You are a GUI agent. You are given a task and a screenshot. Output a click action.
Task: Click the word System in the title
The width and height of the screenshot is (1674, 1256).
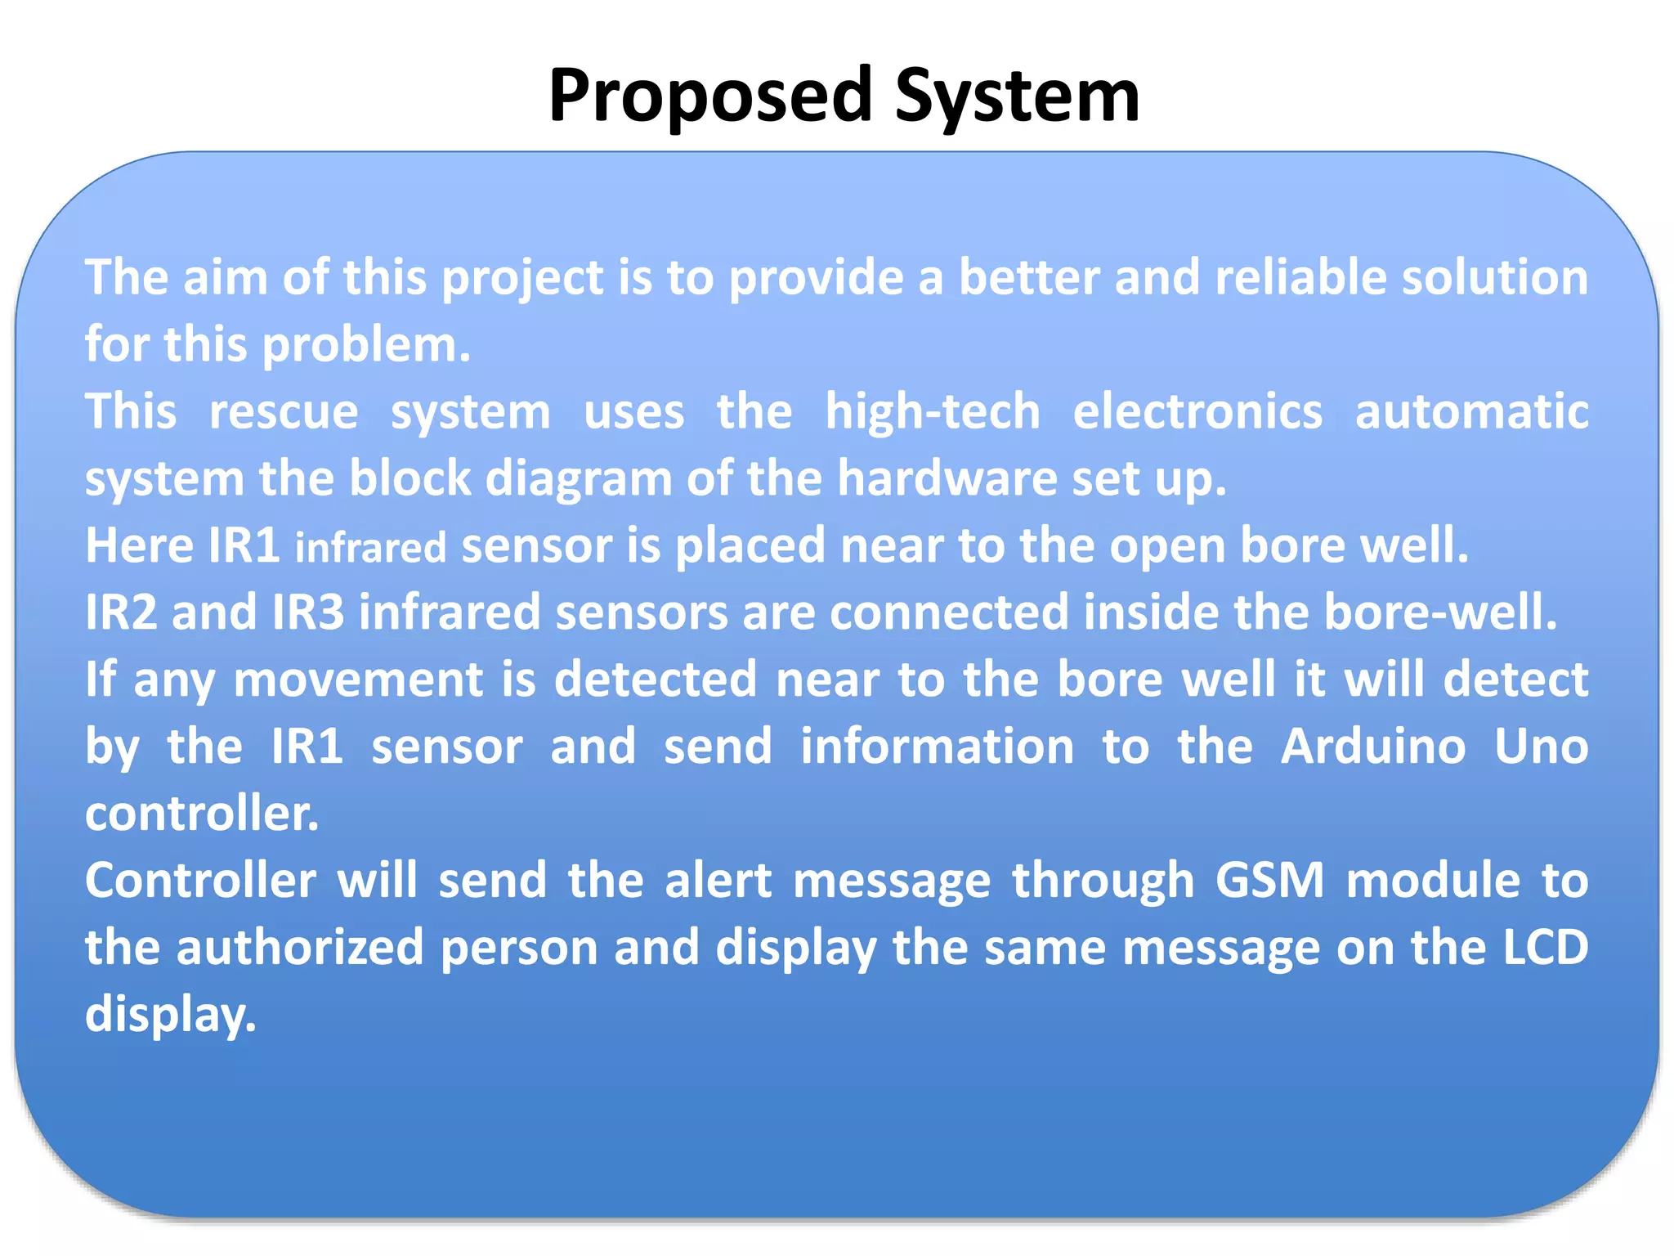pyautogui.click(x=1017, y=96)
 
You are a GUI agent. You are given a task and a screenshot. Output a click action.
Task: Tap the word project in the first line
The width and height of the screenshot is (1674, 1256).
pyautogui.click(x=523, y=278)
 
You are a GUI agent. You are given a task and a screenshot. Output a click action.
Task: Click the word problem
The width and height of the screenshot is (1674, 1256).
pyautogui.click(x=366, y=345)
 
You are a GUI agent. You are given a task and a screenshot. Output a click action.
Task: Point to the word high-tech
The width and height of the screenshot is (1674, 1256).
pyautogui.click(x=932, y=411)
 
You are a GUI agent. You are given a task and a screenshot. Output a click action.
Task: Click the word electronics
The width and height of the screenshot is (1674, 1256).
pyautogui.click(x=1197, y=411)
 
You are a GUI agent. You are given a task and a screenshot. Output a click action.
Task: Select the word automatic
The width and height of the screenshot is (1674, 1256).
pyautogui.click(x=1471, y=411)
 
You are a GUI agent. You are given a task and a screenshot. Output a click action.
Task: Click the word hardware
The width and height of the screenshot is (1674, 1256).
pyautogui.click(x=947, y=478)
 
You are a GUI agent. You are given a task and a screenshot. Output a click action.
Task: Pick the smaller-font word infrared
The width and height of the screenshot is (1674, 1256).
pyautogui.click(x=370, y=548)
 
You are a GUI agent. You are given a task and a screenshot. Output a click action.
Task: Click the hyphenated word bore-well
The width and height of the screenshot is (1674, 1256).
pyautogui.click(x=1439, y=612)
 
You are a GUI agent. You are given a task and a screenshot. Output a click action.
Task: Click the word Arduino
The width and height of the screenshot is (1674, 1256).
pyautogui.click(x=1373, y=747)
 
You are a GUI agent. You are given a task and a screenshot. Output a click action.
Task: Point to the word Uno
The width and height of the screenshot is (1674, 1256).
pyautogui.click(x=1541, y=747)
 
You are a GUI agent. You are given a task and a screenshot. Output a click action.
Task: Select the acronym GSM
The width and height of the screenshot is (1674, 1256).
pyautogui.click(x=1269, y=881)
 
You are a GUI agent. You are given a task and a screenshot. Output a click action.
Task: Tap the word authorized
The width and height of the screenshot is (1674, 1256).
pyautogui.click(x=300, y=948)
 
